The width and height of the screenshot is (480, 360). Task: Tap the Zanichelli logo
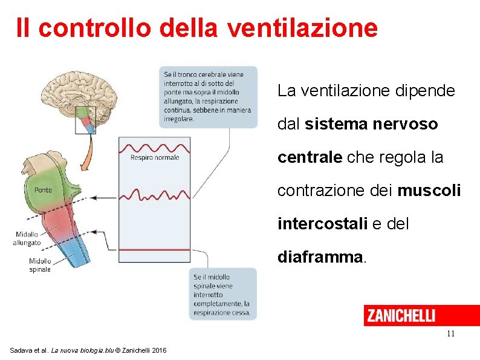[400, 315]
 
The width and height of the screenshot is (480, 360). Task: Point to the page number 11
[450, 334]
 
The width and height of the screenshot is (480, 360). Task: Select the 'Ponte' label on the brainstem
[43, 189]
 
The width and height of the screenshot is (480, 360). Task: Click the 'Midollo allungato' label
[27, 238]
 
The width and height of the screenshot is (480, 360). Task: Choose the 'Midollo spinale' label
[40, 265]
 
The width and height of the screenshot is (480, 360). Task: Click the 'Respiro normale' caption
[155, 158]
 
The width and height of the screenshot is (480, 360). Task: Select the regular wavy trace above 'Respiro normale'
[155, 146]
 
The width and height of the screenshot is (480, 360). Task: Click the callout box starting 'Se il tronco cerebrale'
[208, 96]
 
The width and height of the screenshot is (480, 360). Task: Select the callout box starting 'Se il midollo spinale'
[222, 294]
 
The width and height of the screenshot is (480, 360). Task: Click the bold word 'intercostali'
[322, 224]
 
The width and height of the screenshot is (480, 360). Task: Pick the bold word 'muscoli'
[429, 191]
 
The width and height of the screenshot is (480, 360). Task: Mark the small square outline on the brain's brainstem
[85, 119]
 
